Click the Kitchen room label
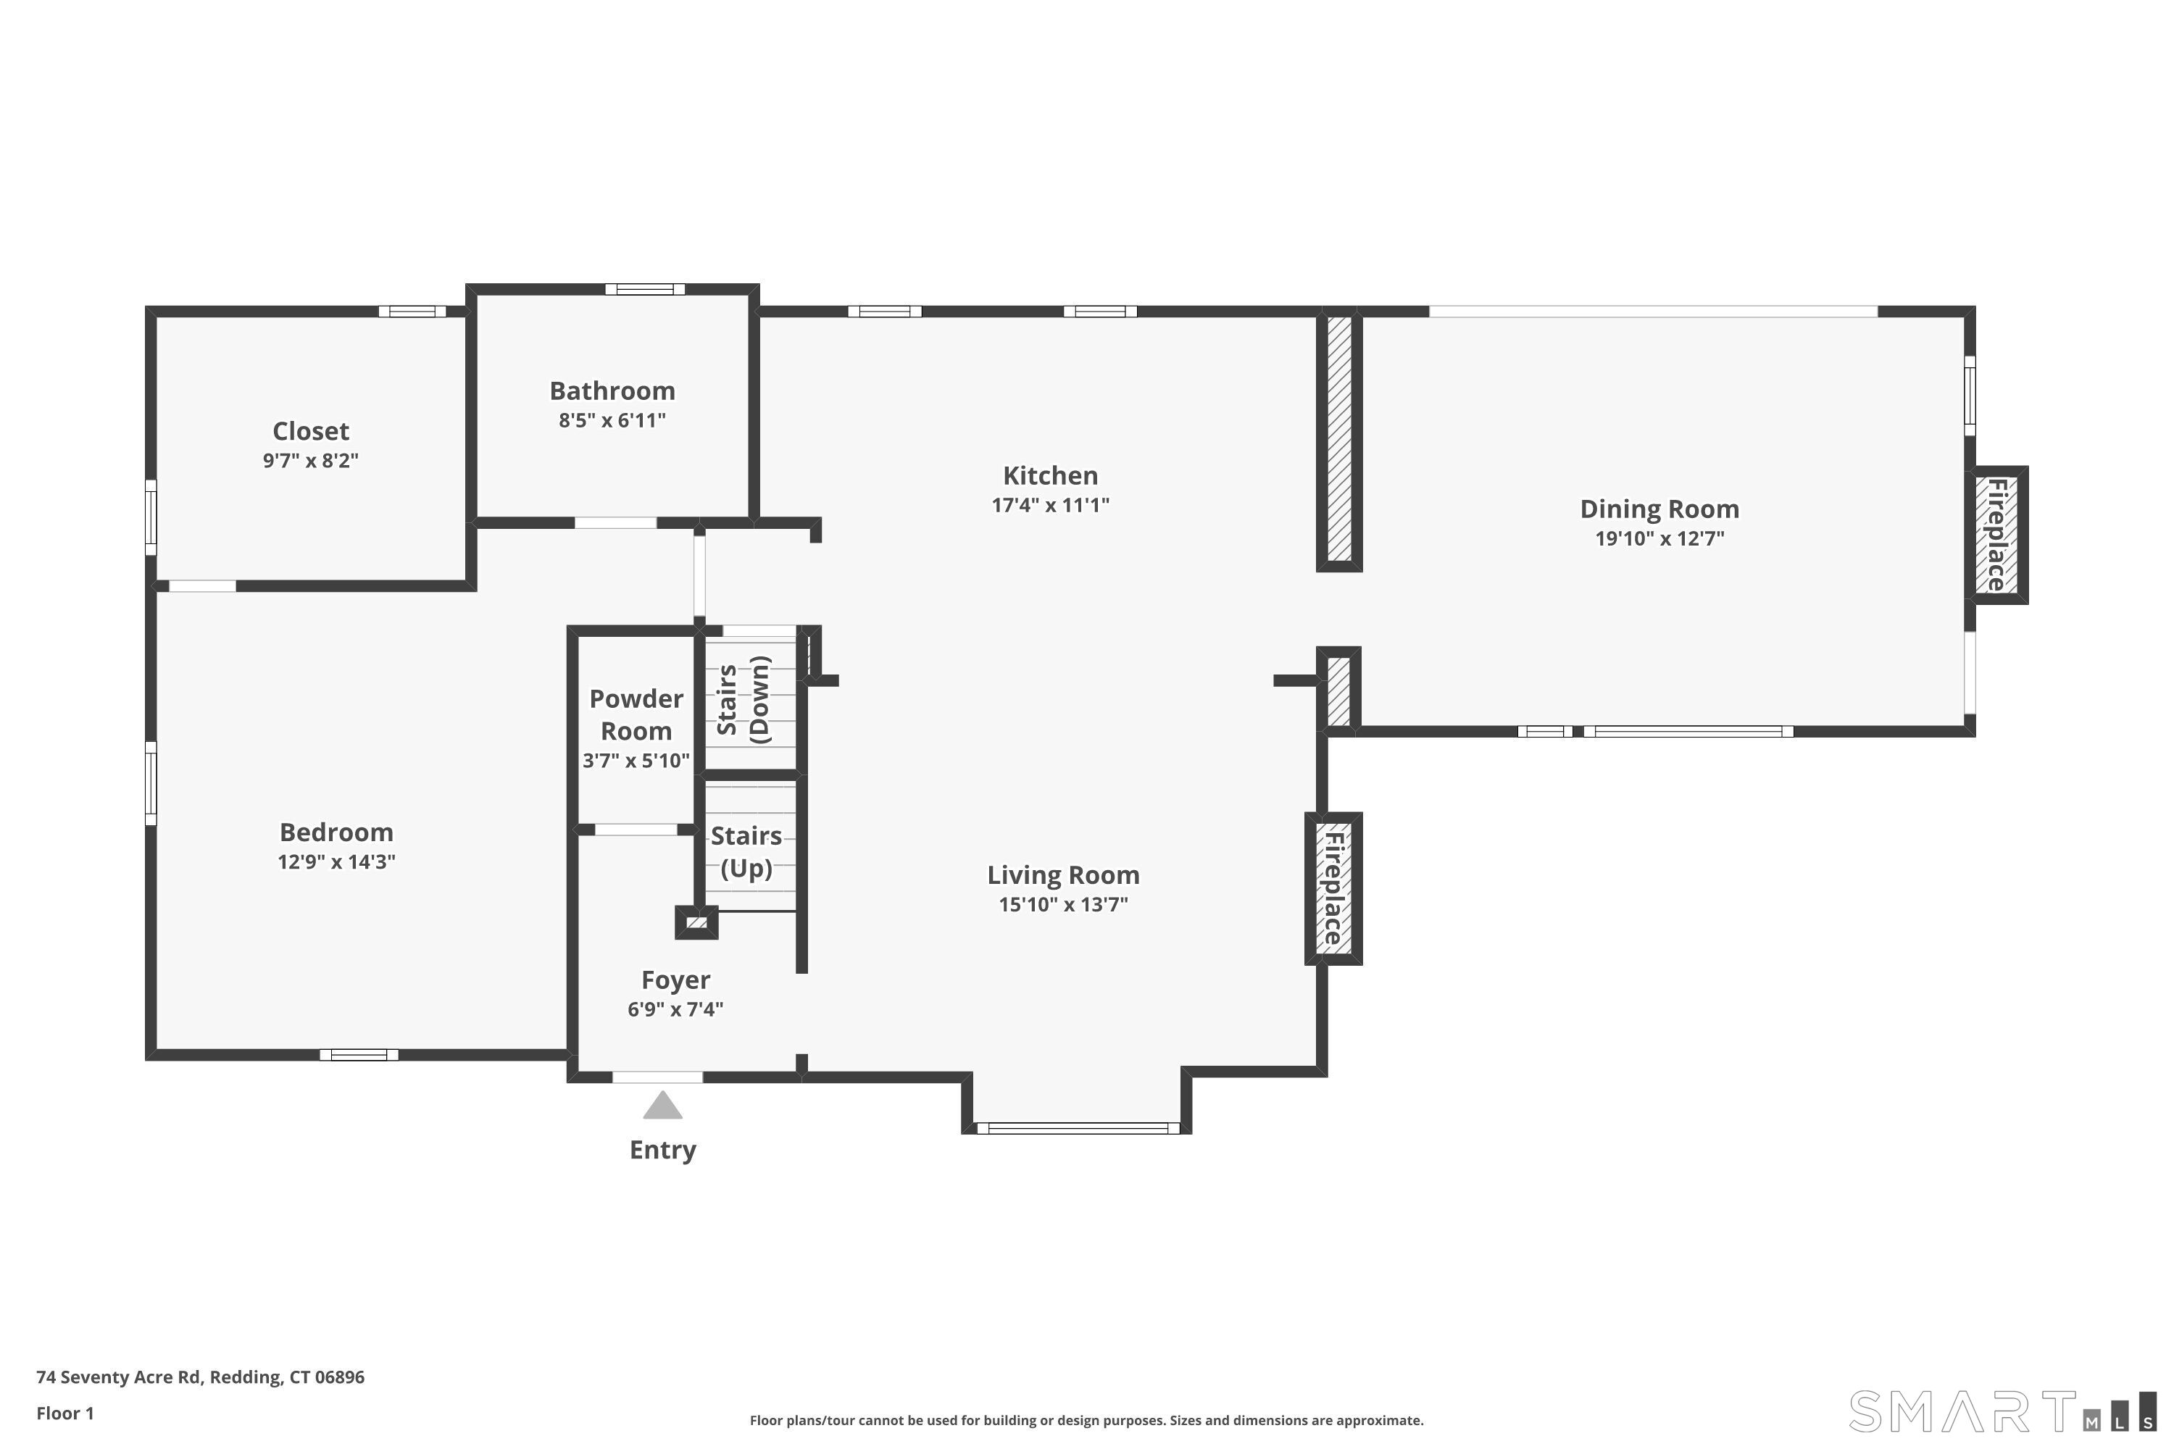coord(1050,476)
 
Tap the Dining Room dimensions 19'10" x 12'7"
coord(1659,539)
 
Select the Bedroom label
coord(336,832)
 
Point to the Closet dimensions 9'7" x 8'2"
coord(311,460)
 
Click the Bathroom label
coord(612,391)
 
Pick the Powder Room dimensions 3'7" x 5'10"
coord(636,761)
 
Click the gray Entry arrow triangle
coord(663,1106)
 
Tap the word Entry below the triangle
coord(663,1150)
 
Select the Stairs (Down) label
coord(744,700)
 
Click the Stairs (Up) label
coord(746,852)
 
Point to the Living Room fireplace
coord(1333,888)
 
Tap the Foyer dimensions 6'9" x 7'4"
coord(675,1009)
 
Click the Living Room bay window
coord(1078,1127)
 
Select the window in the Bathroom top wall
coord(645,289)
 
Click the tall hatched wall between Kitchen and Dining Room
coord(1339,439)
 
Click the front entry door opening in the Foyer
coord(657,1077)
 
